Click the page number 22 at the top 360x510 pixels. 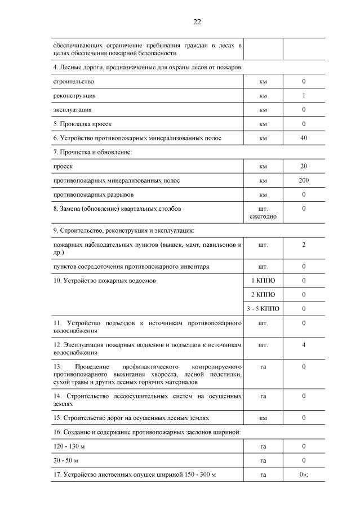197,22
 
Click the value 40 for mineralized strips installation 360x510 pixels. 304,138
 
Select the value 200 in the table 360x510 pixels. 304,181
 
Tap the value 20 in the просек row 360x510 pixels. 304,167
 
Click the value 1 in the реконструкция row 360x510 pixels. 304,96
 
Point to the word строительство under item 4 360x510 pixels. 70,82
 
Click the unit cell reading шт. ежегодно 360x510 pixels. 263,212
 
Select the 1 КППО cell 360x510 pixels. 263,281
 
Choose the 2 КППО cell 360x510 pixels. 263,295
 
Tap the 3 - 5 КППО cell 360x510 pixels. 263,309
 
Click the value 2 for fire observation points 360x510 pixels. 304,245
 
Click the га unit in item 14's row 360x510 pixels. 263,396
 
